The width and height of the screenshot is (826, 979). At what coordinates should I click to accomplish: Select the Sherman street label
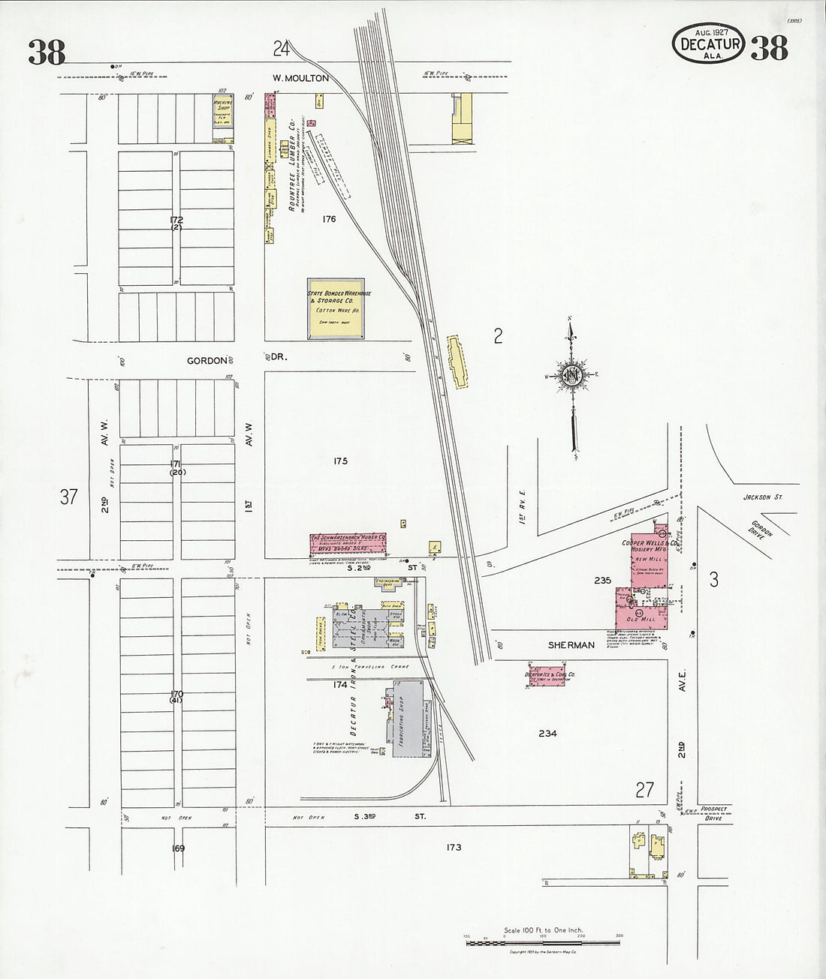point(571,645)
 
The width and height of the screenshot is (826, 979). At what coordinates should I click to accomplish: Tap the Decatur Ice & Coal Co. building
point(550,674)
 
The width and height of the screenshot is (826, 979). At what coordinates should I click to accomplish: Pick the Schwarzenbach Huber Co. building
point(349,543)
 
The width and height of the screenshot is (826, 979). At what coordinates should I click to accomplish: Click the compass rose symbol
point(572,373)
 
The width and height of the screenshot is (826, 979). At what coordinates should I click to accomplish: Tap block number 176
point(327,220)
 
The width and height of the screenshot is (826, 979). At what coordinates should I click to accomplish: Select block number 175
point(340,461)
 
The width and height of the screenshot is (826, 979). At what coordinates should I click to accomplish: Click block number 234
point(547,733)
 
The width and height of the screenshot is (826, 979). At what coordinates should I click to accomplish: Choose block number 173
point(453,848)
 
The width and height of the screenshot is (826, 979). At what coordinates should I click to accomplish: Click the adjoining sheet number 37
point(68,497)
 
